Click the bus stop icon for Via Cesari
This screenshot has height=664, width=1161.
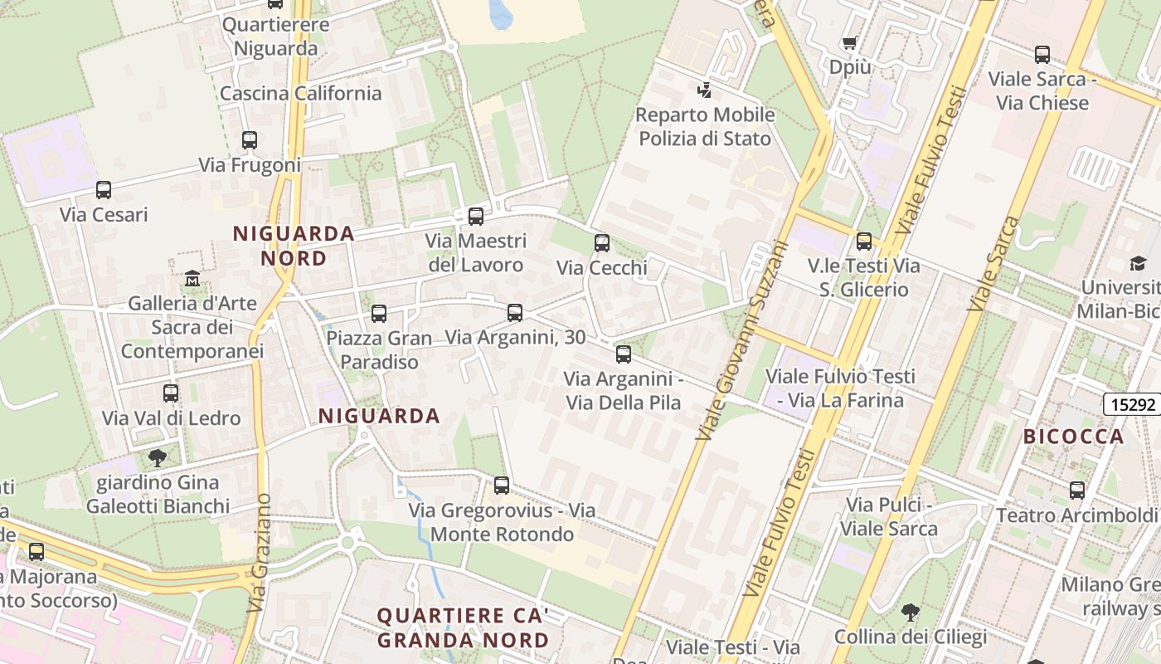coord(104,190)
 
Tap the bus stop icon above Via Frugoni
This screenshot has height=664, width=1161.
coord(250,140)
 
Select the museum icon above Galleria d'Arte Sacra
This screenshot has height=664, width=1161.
coord(192,278)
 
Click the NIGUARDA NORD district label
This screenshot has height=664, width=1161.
coord(294,246)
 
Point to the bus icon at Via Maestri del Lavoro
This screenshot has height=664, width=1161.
coord(476,217)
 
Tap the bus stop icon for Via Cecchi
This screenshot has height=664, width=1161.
coord(602,243)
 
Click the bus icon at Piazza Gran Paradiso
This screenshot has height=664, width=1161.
coord(379,314)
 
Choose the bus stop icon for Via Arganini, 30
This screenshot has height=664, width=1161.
coord(515,313)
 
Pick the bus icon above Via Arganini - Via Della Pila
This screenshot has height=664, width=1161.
coord(624,354)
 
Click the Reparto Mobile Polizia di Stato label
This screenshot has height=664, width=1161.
coord(705,126)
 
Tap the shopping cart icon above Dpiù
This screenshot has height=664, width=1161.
coord(849,42)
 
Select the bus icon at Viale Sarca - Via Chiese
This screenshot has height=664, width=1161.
coord(1042,55)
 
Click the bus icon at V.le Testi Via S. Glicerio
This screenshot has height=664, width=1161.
coord(864,242)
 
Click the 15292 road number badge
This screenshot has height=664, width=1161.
coord(1132,405)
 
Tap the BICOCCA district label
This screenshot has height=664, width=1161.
coord(1074,437)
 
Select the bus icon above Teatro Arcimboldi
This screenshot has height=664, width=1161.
coord(1077,491)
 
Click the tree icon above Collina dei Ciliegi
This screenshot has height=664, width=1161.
coord(911,613)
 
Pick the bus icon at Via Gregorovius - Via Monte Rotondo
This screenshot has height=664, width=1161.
coord(502,486)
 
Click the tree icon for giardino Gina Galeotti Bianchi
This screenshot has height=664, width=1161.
coord(157,457)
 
